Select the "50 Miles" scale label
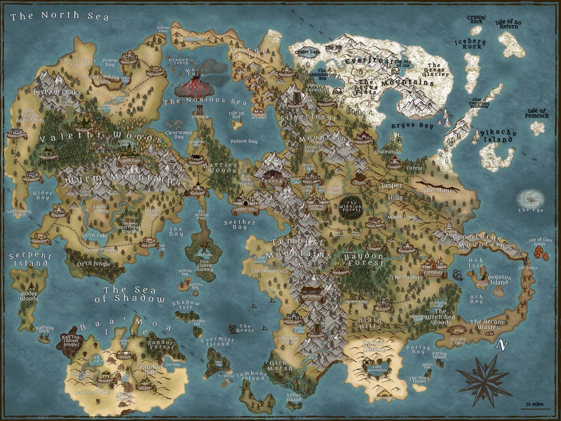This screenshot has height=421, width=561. point(534,405)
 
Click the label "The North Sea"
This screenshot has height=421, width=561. point(60,16)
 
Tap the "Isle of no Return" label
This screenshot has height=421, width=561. point(508,24)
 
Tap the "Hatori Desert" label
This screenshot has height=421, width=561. point(374,347)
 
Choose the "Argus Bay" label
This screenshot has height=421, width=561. point(412,126)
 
